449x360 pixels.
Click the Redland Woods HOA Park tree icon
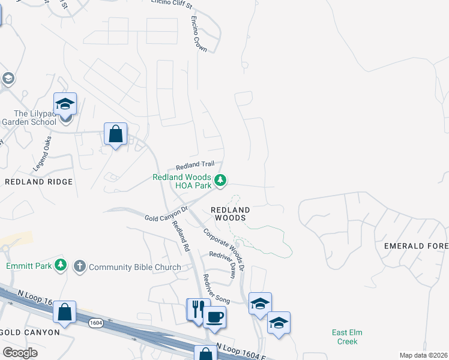click(221, 180)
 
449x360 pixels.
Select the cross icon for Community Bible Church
click(79, 266)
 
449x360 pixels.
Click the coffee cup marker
click(214, 316)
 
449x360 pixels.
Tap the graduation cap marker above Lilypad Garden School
click(65, 104)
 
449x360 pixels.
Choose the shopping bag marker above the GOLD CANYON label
click(64, 313)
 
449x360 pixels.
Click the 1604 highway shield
click(95, 323)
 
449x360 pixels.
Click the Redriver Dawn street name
click(222, 264)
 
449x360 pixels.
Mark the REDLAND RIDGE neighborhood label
click(38, 181)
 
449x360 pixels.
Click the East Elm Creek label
click(347, 337)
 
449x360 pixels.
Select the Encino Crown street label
click(199, 35)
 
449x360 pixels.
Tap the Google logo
click(20, 353)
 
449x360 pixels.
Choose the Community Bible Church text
click(134, 267)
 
